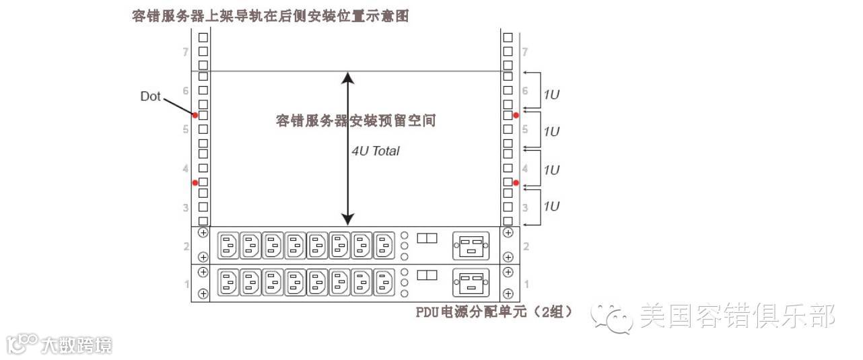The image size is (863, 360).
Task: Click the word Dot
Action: click(150, 97)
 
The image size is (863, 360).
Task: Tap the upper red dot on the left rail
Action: click(195, 116)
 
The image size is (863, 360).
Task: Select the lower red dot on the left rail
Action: click(195, 182)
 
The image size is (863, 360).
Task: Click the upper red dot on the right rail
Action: click(516, 116)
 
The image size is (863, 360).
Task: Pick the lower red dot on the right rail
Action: click(516, 182)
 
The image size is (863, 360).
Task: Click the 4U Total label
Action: click(376, 151)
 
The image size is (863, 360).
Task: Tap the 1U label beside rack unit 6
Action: click(551, 95)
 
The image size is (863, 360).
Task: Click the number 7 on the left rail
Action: click(185, 52)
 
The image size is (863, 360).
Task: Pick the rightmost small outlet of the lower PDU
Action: click(384, 283)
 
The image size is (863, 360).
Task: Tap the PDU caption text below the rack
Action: click(494, 312)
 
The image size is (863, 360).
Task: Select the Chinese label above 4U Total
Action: click(355, 121)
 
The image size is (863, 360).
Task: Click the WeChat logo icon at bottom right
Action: click(611, 317)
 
